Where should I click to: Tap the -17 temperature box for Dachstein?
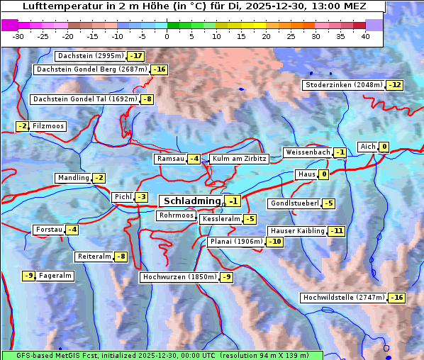coord(135,56)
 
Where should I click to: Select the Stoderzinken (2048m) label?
coord(343,85)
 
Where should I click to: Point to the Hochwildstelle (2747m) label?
coord(343,298)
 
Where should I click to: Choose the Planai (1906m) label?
coord(236,242)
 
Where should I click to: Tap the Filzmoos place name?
coord(48,126)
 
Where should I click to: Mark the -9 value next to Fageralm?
coord(28,276)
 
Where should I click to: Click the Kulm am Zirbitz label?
coord(239,159)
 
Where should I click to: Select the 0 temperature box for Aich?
coord(384,147)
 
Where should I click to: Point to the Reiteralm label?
coord(94,257)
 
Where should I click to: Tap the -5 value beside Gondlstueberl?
coord(328,203)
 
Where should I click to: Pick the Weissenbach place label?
coord(307,152)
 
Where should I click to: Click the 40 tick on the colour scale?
coord(365,35)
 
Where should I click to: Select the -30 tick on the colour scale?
coord(18,35)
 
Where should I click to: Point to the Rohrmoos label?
coord(175,215)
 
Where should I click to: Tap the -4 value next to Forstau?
coord(72,230)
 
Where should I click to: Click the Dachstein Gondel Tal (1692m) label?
coord(84,99)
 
